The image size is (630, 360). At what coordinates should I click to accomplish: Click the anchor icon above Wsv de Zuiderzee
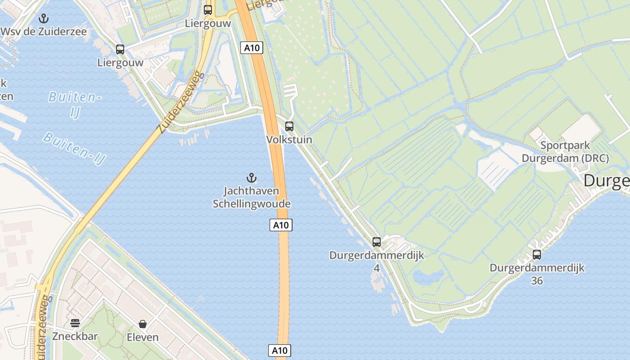pos(44,18)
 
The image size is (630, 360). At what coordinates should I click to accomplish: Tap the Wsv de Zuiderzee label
pos(44,32)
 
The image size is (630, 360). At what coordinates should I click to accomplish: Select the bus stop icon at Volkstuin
pos(289,126)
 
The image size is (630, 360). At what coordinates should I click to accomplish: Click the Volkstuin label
pos(289,139)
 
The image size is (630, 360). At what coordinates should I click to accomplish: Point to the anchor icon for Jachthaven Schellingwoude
pos(252,178)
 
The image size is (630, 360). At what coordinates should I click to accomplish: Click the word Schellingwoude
pos(252,204)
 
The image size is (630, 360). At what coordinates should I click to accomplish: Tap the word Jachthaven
pos(252,191)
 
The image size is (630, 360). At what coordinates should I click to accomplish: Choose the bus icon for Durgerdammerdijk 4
pos(377,242)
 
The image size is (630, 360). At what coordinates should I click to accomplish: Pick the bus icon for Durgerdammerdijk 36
pos(537,255)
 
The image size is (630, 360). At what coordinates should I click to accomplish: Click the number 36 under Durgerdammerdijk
pos(537,281)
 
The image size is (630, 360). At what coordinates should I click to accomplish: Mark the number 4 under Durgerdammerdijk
pos(377,268)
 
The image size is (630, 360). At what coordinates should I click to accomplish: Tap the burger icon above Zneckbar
pos(75,323)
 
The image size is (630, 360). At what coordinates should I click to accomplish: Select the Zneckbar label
pos(75,336)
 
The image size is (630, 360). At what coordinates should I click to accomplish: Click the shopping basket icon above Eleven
pos(143,324)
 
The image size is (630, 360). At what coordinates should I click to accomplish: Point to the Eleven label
pos(143,337)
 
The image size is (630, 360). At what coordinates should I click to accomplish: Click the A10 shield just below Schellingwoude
pos(281,225)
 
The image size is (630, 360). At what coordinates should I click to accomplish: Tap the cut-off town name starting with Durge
pos(607,181)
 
